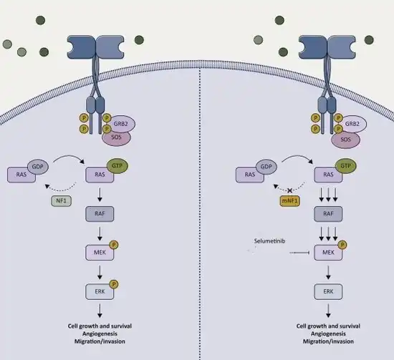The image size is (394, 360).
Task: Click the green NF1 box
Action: [62, 201]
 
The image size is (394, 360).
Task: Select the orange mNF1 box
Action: [289, 201]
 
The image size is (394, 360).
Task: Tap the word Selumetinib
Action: [269, 241]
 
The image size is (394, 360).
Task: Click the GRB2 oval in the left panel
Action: [122, 124]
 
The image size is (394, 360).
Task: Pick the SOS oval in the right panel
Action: [345, 140]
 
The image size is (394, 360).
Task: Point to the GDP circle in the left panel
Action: [38, 167]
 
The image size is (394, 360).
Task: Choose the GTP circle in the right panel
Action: [346, 166]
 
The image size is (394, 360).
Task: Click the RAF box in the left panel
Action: [100, 214]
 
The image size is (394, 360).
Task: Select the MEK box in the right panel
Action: [328, 253]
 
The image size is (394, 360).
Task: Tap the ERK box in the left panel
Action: [100, 292]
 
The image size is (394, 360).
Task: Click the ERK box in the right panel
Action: [328, 292]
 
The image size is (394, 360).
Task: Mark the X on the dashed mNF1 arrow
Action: [289, 190]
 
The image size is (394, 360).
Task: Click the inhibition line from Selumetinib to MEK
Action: [299, 253]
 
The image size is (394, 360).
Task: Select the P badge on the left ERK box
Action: [114, 284]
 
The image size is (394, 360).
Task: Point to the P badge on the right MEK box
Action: [342, 245]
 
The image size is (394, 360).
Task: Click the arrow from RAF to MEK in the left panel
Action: [100, 234]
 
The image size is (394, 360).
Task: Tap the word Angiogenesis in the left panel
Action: [100, 334]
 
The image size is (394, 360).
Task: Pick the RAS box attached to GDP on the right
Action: [249, 175]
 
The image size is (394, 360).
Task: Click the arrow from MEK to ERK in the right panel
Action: [328, 273]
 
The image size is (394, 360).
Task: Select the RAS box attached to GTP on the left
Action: [100, 175]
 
